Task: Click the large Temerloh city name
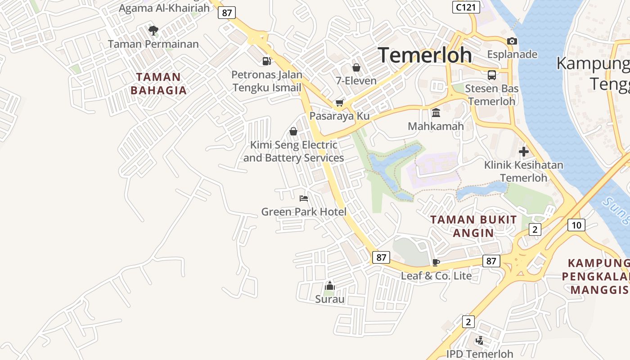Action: click(x=425, y=55)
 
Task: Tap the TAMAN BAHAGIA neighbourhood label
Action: click(x=158, y=84)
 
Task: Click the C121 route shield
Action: click(x=466, y=7)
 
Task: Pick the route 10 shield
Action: click(x=576, y=225)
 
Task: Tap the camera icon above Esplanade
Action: click(x=512, y=41)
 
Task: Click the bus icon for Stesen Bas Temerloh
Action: click(x=491, y=75)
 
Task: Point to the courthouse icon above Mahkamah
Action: click(x=436, y=112)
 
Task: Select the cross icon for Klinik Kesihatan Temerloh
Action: click(x=523, y=152)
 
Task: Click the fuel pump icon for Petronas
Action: click(x=267, y=61)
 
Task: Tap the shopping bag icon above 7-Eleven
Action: click(x=356, y=67)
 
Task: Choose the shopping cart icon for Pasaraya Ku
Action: click(x=340, y=103)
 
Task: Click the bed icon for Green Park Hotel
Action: click(x=304, y=198)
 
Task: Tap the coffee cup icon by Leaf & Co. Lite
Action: click(x=436, y=262)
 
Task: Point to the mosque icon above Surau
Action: click(x=330, y=286)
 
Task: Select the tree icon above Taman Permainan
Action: click(x=153, y=31)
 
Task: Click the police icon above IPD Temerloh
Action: click(x=480, y=341)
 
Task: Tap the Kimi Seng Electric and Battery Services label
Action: click(x=293, y=152)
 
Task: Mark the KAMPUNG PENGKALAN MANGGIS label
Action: click(x=596, y=276)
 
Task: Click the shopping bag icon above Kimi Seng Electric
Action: click(x=293, y=131)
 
